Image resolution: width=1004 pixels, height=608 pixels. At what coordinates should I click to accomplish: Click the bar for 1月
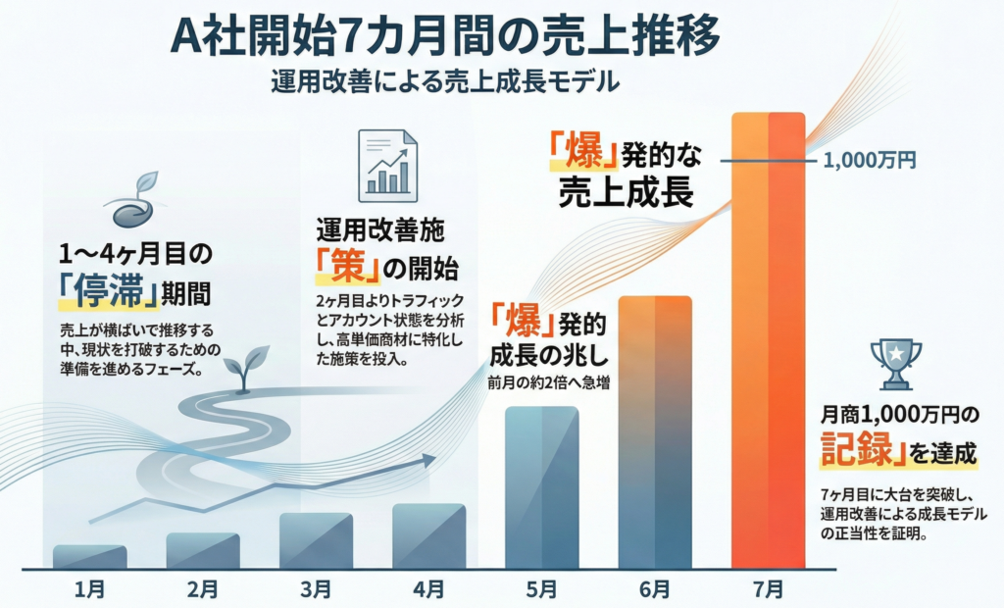click(x=89, y=557)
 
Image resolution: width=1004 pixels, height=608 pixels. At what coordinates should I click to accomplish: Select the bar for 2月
click(x=203, y=550)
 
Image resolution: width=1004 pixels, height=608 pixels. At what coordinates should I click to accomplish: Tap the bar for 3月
click(x=316, y=540)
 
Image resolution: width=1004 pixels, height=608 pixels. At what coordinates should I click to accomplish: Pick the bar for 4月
click(x=428, y=535)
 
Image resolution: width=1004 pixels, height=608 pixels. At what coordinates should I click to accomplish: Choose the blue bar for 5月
click(x=541, y=486)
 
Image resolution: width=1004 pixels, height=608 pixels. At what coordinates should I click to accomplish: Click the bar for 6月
click(x=655, y=431)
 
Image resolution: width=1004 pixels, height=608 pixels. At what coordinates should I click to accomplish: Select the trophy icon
click(x=895, y=363)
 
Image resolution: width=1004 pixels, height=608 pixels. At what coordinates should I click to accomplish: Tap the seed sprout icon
click(x=134, y=201)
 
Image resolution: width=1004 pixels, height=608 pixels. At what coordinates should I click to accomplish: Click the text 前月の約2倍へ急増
click(x=543, y=382)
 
